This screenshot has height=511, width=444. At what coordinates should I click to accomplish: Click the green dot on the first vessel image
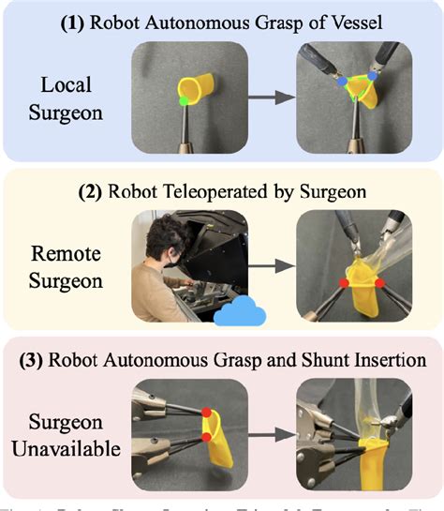(x=185, y=97)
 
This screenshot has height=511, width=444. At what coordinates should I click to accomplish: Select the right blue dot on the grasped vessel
(x=373, y=71)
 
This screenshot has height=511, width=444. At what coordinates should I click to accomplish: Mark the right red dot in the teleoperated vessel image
(x=378, y=281)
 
